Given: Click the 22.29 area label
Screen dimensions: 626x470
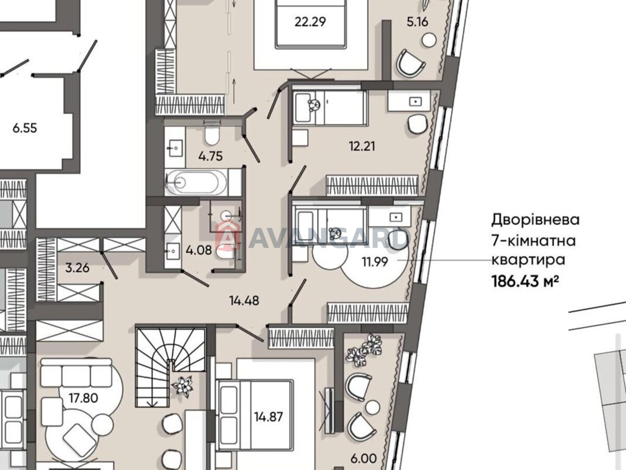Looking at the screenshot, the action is coord(310,22).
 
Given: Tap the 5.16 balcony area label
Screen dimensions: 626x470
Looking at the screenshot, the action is coord(417,22).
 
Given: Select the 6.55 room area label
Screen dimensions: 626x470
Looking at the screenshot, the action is coord(25,128).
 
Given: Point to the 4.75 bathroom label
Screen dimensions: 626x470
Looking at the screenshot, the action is coord(210,156).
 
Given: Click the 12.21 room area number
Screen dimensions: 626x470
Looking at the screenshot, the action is coord(362,146).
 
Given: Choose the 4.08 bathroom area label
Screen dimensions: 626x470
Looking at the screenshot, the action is coord(199,251).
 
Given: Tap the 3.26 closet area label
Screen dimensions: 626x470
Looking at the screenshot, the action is coord(77,268).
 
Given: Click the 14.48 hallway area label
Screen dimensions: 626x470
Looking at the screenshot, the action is coord(244,300).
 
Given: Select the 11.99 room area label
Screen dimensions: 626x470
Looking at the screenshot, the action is coord(375,262).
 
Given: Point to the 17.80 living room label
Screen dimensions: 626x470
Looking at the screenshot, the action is coord(84,398).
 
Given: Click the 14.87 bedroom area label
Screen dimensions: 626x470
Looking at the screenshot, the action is coord(268,417).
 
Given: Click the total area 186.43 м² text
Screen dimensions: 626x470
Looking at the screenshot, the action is coord(525,282).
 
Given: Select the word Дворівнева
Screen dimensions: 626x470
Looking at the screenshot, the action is coord(535,221).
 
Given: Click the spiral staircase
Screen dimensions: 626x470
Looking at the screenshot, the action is coord(171,368).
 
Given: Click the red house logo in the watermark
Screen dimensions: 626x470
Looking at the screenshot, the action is coord(228,239).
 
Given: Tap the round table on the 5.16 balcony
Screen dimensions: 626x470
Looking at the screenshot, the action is coord(429,40).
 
